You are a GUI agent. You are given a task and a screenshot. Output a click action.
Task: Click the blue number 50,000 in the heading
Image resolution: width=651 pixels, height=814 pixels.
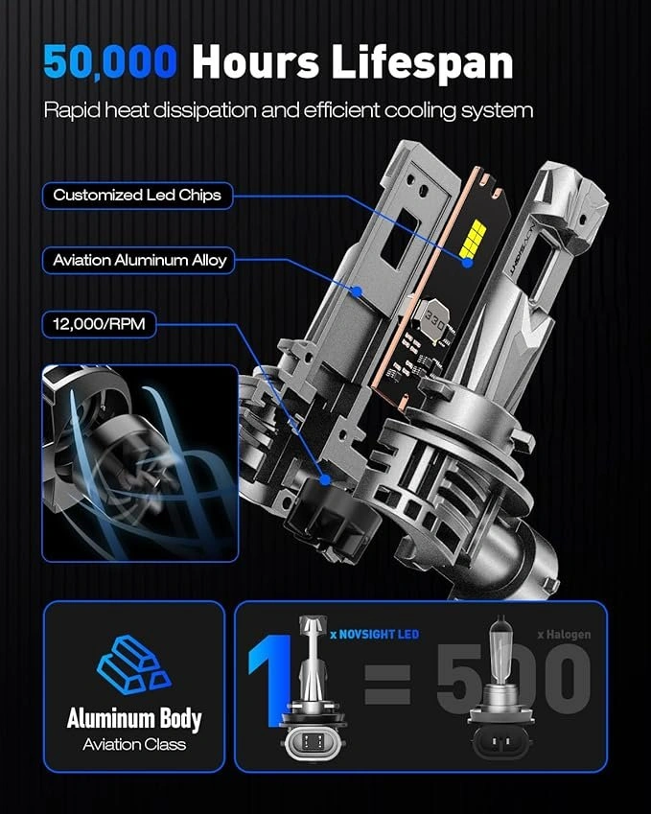pyautogui.click(x=110, y=63)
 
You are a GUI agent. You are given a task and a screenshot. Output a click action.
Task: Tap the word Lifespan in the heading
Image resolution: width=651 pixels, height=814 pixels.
pyautogui.click(x=422, y=63)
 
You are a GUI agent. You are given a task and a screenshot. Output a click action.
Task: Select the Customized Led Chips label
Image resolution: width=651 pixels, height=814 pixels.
pyautogui.click(x=137, y=196)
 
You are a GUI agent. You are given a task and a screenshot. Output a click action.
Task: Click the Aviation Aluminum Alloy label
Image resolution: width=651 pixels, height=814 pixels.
pyautogui.click(x=139, y=260)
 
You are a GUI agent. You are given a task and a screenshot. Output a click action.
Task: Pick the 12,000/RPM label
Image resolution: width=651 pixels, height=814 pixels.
pyautogui.click(x=99, y=324)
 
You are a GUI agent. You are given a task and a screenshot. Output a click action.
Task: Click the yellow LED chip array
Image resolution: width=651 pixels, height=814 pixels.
pyautogui.click(x=473, y=239)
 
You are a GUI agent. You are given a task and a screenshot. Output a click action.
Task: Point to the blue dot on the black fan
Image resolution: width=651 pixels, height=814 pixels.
pyautogui.click(x=325, y=479)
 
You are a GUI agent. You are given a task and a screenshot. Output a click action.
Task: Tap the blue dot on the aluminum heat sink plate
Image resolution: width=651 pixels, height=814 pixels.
pyautogui.click(x=356, y=291)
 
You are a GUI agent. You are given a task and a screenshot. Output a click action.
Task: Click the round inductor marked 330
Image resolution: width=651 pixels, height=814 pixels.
pyautogui.click(x=433, y=322)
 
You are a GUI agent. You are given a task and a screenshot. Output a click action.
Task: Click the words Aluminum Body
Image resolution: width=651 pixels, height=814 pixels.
pyautogui.click(x=134, y=719)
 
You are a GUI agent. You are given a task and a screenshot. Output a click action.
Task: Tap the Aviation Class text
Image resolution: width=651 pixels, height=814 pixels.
pyautogui.click(x=134, y=744)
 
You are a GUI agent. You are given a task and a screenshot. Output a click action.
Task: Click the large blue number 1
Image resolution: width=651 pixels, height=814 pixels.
pyautogui.click(x=270, y=680)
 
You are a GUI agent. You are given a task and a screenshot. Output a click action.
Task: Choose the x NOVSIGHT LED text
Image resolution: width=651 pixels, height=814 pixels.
pyautogui.click(x=375, y=634)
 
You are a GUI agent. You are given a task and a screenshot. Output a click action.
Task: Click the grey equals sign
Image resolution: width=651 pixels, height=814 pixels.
pyautogui.click(x=387, y=685)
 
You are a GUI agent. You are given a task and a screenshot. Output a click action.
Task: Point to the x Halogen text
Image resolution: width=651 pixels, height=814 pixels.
pyautogui.click(x=565, y=634)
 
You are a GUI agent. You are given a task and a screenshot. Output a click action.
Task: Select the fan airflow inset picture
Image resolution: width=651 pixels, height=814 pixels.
pyautogui.click(x=140, y=463)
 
